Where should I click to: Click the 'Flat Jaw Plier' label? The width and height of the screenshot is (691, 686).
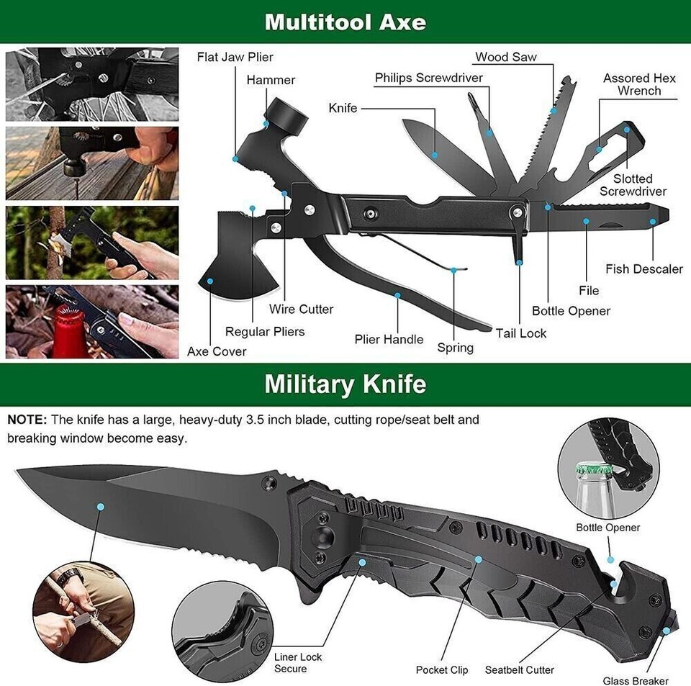pos(235,57)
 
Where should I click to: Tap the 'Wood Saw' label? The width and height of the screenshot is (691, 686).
pos(505,57)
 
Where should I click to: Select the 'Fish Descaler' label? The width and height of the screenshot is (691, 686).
pos(643,268)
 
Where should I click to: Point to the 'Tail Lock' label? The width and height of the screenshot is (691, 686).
pos(520,333)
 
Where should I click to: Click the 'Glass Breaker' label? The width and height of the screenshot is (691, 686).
pos(636,680)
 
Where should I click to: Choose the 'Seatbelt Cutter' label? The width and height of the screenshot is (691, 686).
pos(519,669)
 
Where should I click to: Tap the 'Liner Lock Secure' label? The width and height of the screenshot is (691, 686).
pos(298,663)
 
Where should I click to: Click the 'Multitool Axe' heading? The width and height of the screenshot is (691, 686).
pos(345,22)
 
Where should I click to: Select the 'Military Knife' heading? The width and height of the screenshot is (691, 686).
pos(345,384)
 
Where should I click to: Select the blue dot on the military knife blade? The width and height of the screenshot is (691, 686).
pos(101,507)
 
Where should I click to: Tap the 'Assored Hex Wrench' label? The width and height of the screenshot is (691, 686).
pos(639,84)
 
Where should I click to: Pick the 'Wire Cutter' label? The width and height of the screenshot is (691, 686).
pos(301,309)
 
